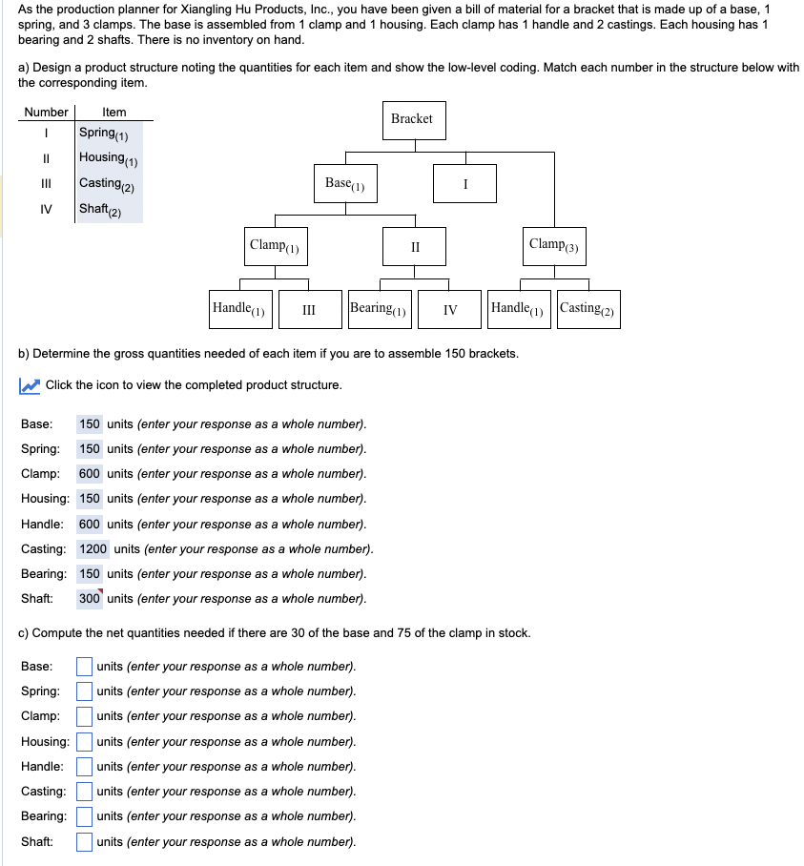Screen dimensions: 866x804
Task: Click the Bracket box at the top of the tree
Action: pyautogui.click(x=412, y=119)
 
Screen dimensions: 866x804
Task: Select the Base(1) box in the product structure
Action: pyautogui.click(x=345, y=183)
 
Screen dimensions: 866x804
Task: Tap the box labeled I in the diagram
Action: pyautogui.click(x=464, y=183)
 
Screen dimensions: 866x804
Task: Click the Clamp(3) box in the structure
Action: pyautogui.click(x=554, y=246)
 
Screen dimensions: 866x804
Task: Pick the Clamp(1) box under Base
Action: pyautogui.click(x=275, y=246)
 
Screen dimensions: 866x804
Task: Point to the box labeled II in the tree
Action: pyautogui.click(x=415, y=246)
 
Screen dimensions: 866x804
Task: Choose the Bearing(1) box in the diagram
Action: pyautogui.click(x=380, y=309)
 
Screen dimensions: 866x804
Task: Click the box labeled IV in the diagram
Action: pyautogui.click(x=450, y=309)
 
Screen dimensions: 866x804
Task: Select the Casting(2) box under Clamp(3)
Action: pyautogui.click(x=588, y=309)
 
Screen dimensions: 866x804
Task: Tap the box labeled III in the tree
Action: pyautogui.click(x=309, y=309)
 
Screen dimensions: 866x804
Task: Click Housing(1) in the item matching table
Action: pyautogui.click(x=109, y=158)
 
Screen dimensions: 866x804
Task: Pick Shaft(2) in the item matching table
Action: pyautogui.click(x=100, y=210)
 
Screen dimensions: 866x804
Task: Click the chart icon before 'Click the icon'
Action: pyautogui.click(x=30, y=385)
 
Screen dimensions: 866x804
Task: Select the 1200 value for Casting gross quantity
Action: pyautogui.click(x=93, y=548)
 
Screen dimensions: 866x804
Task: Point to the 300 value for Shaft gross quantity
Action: pyautogui.click(x=90, y=599)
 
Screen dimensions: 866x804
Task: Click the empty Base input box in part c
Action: pyautogui.click(x=85, y=666)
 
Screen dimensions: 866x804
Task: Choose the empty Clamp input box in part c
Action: pyautogui.click(x=85, y=716)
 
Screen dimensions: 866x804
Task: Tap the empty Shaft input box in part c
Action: pyautogui.click(x=85, y=841)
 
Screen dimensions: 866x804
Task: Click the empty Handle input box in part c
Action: pyautogui.click(x=85, y=766)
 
